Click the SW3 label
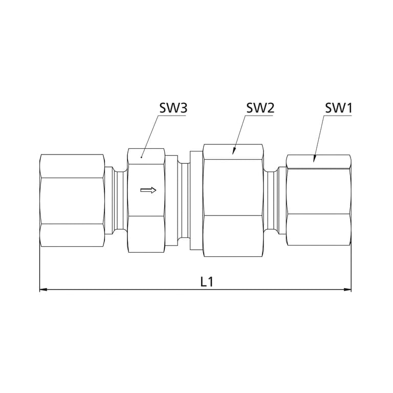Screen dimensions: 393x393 (173, 108)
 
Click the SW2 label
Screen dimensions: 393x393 (260, 108)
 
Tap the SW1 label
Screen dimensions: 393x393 (338, 108)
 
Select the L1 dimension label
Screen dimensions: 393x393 (207, 282)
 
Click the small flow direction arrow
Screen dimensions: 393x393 (148, 190)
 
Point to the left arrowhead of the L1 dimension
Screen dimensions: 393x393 (43, 290)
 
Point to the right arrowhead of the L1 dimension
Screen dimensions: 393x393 (347, 290)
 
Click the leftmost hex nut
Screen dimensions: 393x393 (72, 201)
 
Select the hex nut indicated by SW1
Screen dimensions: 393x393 (319, 200)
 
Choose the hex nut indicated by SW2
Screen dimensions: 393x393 (233, 201)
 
